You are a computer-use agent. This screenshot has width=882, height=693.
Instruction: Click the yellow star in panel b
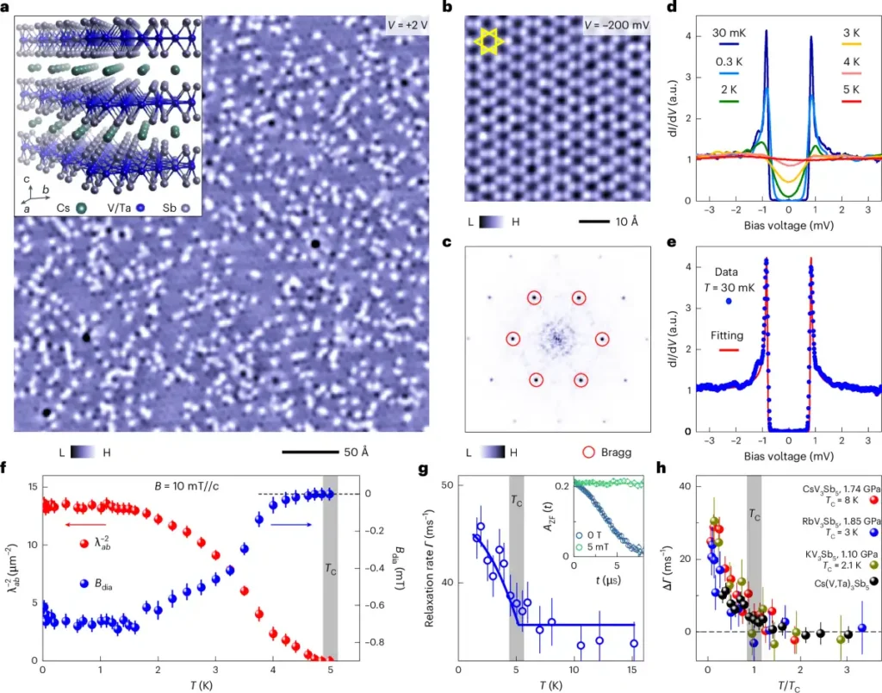coord(488,42)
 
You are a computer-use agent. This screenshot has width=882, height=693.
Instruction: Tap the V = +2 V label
coord(407,25)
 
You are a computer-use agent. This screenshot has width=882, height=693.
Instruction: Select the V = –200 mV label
coord(617,25)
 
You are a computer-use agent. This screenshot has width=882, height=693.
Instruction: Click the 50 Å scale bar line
coord(310,452)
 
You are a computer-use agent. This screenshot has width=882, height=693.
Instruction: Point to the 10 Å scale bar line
coord(594,222)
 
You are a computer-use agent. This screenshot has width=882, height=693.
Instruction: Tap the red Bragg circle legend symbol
coord(589,452)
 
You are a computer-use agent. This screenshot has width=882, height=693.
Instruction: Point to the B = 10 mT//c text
coord(187,486)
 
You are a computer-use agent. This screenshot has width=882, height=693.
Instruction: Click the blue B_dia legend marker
coord(84,584)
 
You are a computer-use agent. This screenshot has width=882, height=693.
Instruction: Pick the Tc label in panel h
coord(755,515)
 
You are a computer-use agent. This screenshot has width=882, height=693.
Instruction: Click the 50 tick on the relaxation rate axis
coord(447,485)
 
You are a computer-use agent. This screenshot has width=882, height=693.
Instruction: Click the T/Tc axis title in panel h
coord(790,685)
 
